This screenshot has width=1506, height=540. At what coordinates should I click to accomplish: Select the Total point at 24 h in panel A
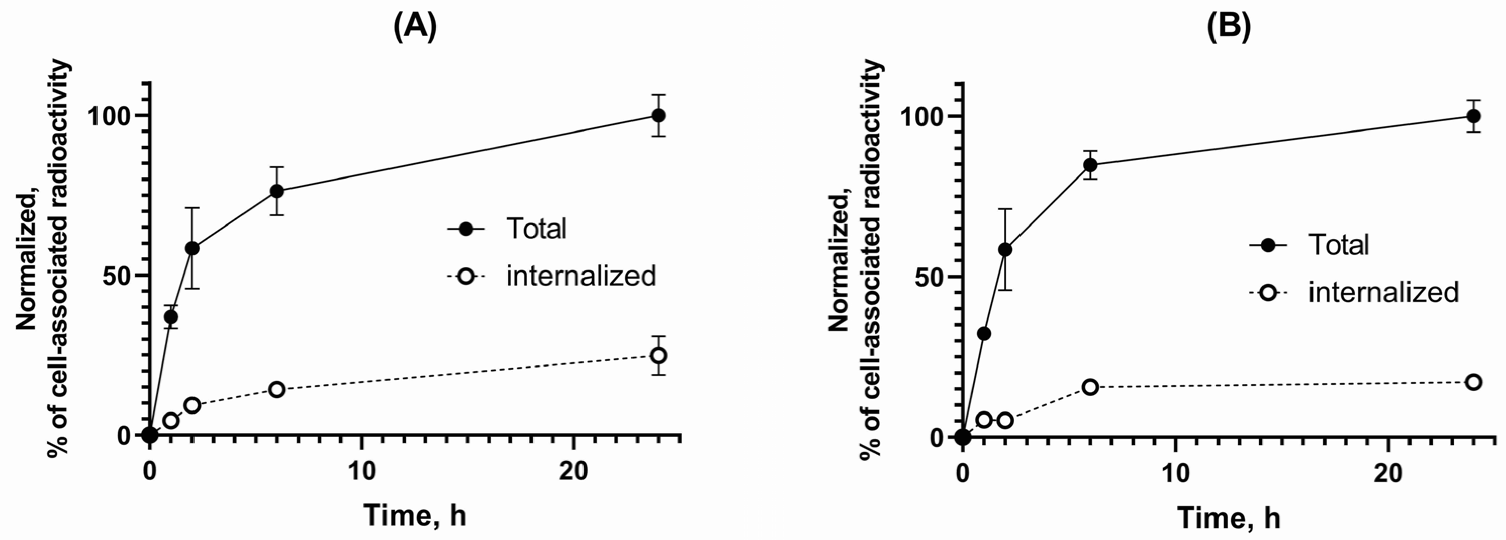658,115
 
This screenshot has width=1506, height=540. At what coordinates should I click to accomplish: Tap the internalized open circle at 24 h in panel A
658,355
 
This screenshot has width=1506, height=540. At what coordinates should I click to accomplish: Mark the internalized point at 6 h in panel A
277,389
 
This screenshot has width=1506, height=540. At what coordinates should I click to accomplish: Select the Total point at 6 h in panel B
1090,165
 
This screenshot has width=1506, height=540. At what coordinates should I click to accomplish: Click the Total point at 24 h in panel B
1474,116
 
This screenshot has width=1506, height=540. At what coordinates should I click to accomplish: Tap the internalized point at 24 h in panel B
1474,382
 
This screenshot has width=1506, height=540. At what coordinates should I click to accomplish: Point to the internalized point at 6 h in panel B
1090,387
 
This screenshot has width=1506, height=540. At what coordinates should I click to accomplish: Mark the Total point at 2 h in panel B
1005,250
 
